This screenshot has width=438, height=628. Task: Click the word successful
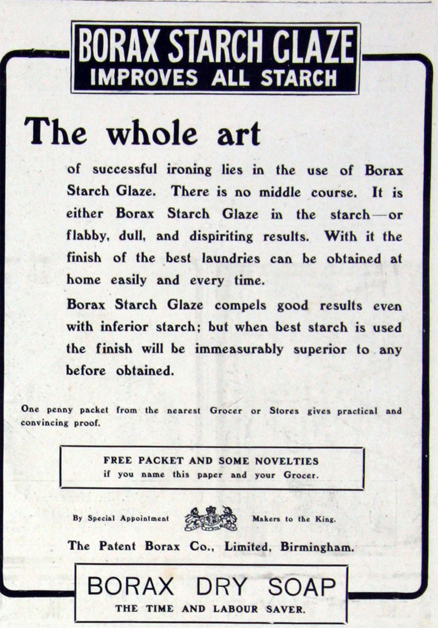coord(124,170)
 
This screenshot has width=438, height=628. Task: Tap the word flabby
coord(85,237)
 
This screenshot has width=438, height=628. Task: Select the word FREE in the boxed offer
coord(118,460)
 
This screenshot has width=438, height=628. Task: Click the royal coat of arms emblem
coord(210,518)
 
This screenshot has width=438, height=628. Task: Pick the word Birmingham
coord(317,546)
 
